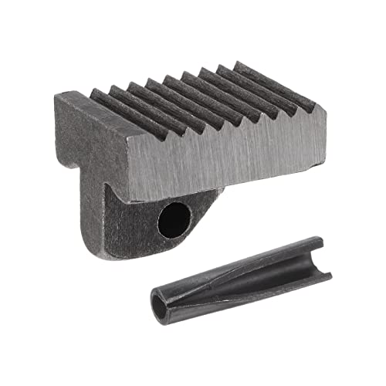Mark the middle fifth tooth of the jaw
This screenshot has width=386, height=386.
pos(189,90)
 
